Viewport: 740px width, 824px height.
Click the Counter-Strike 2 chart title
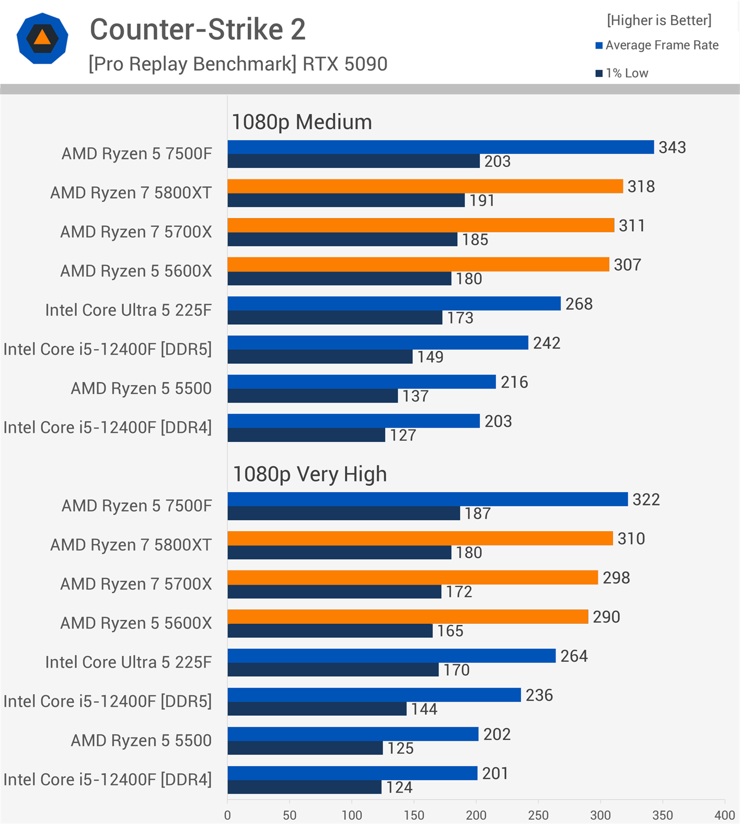pyautogui.click(x=198, y=29)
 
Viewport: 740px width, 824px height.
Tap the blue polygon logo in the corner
pyautogui.click(x=42, y=38)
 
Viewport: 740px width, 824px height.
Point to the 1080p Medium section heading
pyautogui.click(x=302, y=122)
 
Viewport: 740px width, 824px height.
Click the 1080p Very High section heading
pyautogui.click(x=309, y=474)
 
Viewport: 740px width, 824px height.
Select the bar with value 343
pyautogui.click(x=440, y=147)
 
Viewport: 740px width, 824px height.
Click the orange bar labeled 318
pyautogui.click(x=425, y=186)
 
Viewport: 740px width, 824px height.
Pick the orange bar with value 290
pyautogui.click(x=408, y=616)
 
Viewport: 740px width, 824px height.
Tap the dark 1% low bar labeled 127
pyautogui.click(x=306, y=435)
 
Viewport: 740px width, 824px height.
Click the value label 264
pyautogui.click(x=574, y=656)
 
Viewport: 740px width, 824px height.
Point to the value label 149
pyautogui.click(x=430, y=357)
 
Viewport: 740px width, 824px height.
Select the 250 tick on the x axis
pyautogui.click(x=538, y=815)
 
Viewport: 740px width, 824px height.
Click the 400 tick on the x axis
pyautogui.click(x=724, y=815)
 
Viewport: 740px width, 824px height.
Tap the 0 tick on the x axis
pyautogui.click(x=227, y=815)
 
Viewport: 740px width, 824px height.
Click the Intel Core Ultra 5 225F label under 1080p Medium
pyautogui.click(x=129, y=310)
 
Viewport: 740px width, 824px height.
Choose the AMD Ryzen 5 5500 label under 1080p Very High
pyautogui.click(x=141, y=740)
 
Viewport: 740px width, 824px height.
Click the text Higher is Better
pyautogui.click(x=659, y=20)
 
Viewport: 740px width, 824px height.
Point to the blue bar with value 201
pyautogui.click(x=352, y=773)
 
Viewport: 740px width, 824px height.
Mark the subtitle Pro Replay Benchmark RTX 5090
pyautogui.click(x=238, y=64)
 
